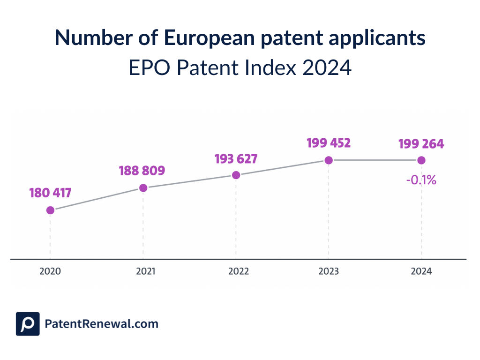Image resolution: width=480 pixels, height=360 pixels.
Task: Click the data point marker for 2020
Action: pyautogui.click(x=50, y=210)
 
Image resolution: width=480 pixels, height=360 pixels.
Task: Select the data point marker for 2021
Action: pyautogui.click(x=143, y=188)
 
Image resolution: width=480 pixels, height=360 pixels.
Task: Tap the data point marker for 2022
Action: pyautogui.click(x=236, y=175)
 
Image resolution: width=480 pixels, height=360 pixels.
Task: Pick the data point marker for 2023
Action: pyautogui.click(x=329, y=160)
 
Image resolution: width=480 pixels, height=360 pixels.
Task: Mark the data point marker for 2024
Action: pyautogui.click(x=421, y=160)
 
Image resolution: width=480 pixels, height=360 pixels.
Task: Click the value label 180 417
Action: pyautogui.click(x=50, y=193)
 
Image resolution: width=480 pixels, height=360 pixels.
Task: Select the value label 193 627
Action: pyautogui.click(x=236, y=159)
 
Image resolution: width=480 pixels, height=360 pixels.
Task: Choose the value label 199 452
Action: pyautogui.click(x=329, y=143)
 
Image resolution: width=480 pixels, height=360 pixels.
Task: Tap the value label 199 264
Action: pyautogui.click(x=421, y=144)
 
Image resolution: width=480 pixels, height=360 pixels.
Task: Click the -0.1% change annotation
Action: pyautogui.click(x=421, y=179)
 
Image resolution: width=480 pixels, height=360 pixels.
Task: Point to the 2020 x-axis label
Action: pyautogui.click(x=50, y=271)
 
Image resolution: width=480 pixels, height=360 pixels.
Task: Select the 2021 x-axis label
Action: pyautogui.click(x=143, y=271)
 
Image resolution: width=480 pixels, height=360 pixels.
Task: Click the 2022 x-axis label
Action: pyautogui.click(x=236, y=271)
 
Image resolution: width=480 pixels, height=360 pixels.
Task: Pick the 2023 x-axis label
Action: pyautogui.click(x=329, y=271)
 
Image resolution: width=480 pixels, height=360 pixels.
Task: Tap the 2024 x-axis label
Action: pyautogui.click(x=421, y=271)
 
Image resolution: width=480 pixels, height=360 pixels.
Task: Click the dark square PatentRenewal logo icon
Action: pyautogui.click(x=28, y=324)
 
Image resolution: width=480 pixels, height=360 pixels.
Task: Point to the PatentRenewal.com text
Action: pyautogui.click(x=101, y=324)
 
